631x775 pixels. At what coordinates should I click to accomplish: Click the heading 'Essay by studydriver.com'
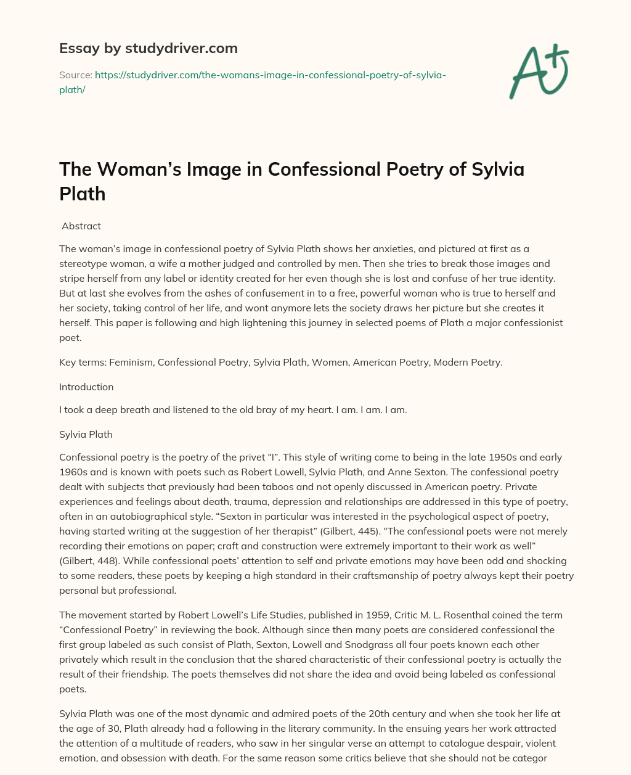149,48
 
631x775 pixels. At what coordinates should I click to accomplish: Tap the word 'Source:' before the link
76,75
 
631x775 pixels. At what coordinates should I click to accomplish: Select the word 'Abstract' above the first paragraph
81,226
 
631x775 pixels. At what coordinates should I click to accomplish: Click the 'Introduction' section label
86,387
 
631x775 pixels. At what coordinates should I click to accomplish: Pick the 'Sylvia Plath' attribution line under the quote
86,434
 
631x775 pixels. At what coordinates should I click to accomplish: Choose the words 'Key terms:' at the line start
83,362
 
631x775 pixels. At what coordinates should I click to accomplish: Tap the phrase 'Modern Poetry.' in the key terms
468,362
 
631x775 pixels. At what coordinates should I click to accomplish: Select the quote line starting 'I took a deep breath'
233,409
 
